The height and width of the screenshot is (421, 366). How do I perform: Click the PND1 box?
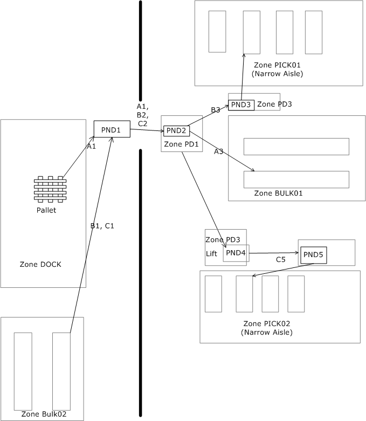coord(112,129)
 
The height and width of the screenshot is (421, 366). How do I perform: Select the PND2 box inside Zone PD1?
coord(176,130)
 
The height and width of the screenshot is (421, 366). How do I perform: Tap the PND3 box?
coord(241,105)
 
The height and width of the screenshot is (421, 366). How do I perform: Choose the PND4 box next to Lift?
coord(236,253)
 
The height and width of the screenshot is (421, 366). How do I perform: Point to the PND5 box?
coord(314,254)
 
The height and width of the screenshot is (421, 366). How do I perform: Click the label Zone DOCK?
coord(40,264)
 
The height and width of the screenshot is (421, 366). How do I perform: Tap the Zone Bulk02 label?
coord(43,414)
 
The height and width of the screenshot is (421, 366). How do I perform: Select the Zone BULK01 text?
coord(277,193)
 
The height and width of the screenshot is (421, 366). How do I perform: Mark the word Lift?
coord(211,253)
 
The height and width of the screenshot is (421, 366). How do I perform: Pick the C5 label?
coord(280,260)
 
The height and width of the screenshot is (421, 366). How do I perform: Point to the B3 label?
coord(215,110)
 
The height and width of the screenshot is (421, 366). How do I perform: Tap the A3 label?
coord(218,152)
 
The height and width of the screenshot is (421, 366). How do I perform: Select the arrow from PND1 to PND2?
coord(147,130)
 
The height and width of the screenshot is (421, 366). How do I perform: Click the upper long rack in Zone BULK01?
coord(296,147)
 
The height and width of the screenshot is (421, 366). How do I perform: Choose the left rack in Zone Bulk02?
coord(23,371)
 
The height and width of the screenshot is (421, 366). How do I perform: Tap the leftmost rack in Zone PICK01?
coord(217,31)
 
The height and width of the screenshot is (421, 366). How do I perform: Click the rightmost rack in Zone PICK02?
coord(296,294)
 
